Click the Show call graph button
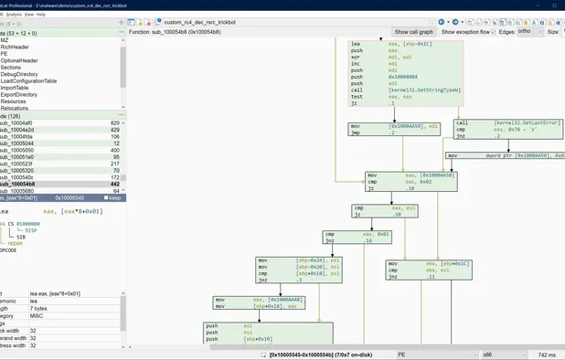[414, 31]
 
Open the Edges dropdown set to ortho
[529, 31]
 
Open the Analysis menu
[15, 15]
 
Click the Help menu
[40, 15]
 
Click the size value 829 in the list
[114, 122]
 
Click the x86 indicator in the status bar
[486, 354]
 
